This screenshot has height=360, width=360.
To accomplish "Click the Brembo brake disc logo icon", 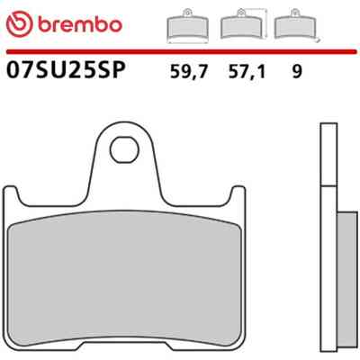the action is click(x=19, y=24).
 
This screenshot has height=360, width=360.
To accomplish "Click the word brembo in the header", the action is click(x=80, y=24).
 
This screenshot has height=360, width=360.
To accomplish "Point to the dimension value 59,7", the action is click(x=189, y=72).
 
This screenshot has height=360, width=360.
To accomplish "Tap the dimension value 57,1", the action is click(x=247, y=72).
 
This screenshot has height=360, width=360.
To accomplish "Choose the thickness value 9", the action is click(x=296, y=72).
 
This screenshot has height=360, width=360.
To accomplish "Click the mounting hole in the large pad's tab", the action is click(x=124, y=150).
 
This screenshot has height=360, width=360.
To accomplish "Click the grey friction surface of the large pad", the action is click(x=124, y=279).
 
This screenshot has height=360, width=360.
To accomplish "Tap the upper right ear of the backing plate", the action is click(x=238, y=192).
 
